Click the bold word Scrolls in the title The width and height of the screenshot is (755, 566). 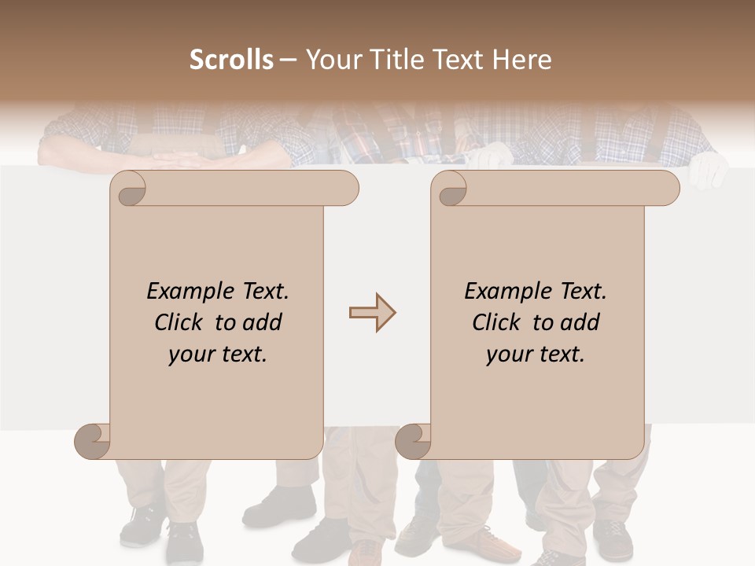[231, 60]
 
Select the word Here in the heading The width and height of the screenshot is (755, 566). [521, 60]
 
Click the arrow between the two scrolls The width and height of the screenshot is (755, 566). [372, 313]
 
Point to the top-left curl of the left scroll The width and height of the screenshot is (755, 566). [128, 188]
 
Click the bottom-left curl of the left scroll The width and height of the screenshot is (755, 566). [93, 441]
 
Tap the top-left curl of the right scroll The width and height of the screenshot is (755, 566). [449, 188]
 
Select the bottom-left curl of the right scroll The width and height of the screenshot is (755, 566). [414, 441]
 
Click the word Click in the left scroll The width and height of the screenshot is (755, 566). [181, 322]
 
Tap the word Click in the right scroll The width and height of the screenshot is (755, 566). [499, 322]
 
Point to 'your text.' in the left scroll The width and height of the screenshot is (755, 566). [218, 355]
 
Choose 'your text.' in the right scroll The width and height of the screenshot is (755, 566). [536, 355]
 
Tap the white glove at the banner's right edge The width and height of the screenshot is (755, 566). [708, 169]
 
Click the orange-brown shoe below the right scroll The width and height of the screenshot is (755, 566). [481, 542]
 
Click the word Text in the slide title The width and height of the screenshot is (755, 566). [459, 60]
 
